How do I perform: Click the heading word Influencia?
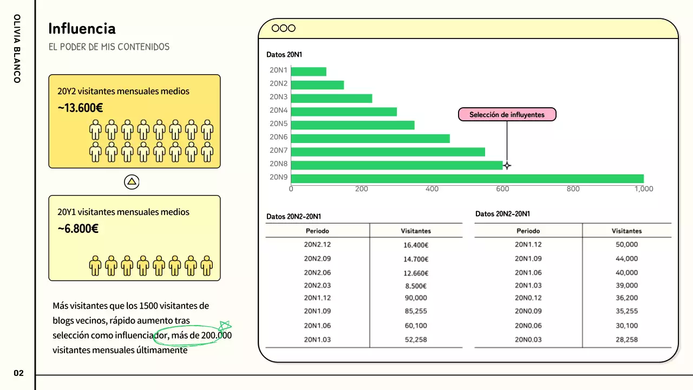pos(82,29)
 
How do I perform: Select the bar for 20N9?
pos(467,179)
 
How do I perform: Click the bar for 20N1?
pos(309,71)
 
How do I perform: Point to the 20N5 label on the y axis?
pos(278,124)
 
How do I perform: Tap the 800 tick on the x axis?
pos(573,189)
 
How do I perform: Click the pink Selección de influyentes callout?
pos(507,115)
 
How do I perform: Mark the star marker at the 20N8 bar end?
pos(507,166)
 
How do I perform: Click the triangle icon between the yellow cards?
pos(132,182)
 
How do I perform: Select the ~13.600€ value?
pos(80,108)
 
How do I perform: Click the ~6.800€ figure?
pos(78,229)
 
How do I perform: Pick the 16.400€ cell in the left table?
pos(416,245)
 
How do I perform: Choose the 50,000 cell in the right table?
pos(626,245)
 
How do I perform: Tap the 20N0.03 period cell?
pos(528,340)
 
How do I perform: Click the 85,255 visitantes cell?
pos(416,311)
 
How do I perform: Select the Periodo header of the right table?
pos(528,231)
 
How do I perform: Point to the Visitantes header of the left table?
pos(416,231)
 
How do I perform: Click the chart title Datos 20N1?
pos(284,55)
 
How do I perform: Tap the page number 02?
pos(19,373)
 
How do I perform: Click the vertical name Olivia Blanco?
pos(17,49)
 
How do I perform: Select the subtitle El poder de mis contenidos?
pos(109,47)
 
